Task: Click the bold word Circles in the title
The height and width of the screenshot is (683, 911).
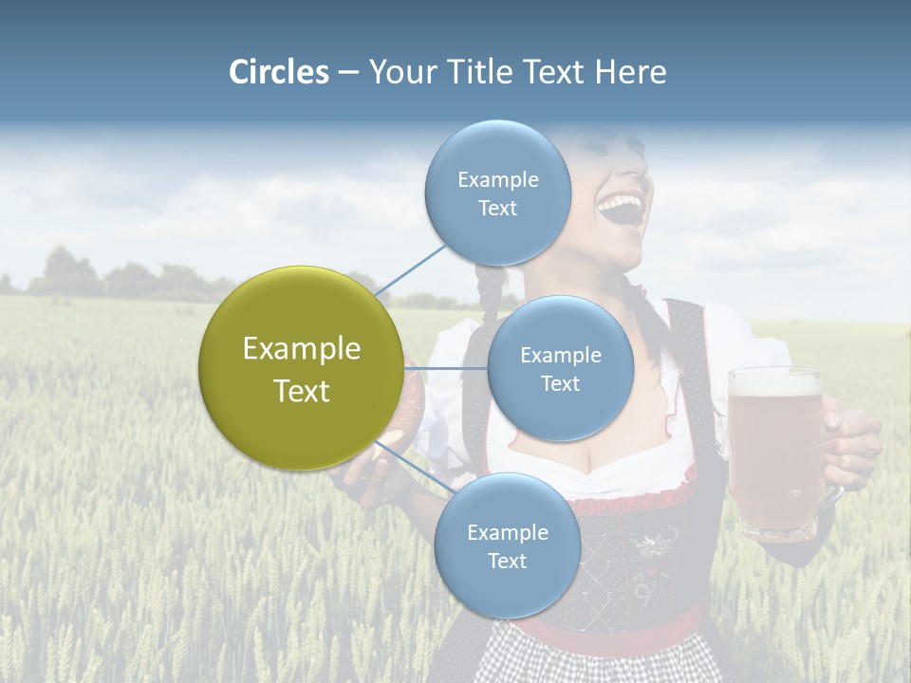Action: click(x=279, y=72)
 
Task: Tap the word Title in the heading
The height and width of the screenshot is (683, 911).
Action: click(x=479, y=72)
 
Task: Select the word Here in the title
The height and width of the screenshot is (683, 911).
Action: click(x=630, y=72)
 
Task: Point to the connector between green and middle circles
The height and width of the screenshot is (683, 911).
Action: click(x=446, y=368)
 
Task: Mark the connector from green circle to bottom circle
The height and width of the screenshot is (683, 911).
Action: click(x=413, y=466)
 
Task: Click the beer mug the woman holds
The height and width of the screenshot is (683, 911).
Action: click(x=774, y=455)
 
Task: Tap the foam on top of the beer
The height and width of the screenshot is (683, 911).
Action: click(x=774, y=382)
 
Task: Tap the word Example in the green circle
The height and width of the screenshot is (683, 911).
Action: click(x=301, y=349)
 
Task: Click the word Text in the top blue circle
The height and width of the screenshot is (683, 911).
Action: click(x=497, y=209)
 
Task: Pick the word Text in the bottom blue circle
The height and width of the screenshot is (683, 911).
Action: click(x=507, y=561)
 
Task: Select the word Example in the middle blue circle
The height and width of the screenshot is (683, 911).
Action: click(x=560, y=355)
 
